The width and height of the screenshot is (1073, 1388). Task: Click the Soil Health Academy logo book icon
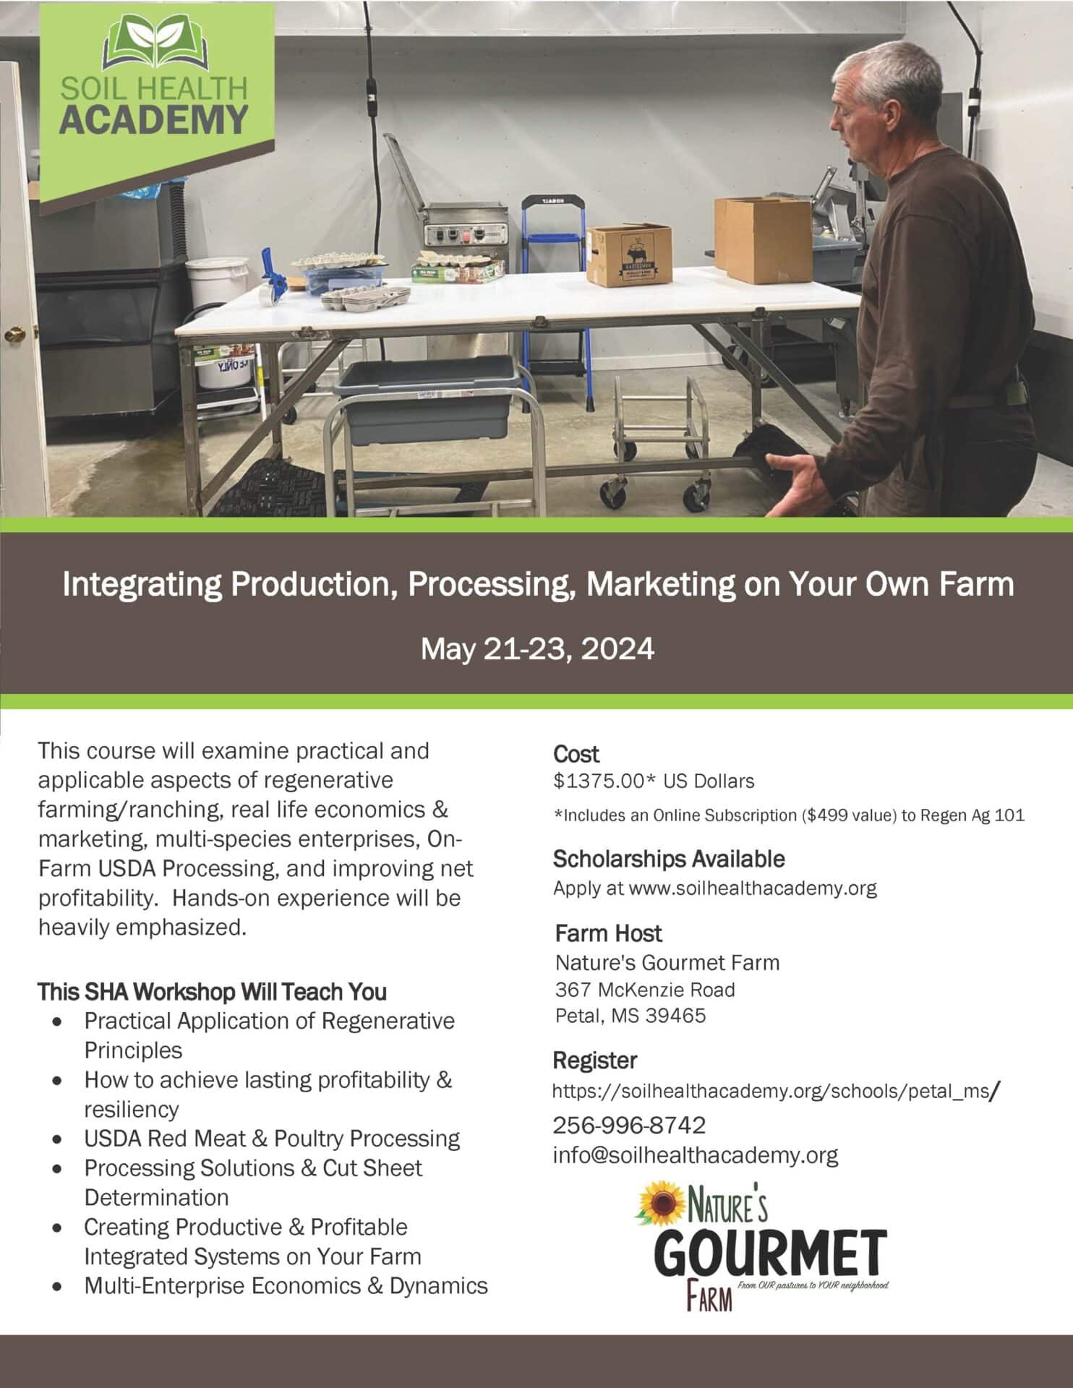pos(155,42)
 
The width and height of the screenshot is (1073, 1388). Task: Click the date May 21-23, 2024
pos(537,648)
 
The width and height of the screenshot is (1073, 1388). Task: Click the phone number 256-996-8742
pos(629,1125)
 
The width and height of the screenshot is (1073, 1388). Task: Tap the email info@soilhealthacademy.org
pos(696,1155)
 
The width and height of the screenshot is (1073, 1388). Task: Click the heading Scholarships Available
pos(669,859)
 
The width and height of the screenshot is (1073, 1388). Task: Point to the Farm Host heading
pos(608,933)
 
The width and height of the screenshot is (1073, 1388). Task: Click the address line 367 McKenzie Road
pos(645,990)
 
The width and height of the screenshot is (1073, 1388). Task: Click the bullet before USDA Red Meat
pos(58,1140)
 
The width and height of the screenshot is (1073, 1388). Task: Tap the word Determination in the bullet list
pos(156,1197)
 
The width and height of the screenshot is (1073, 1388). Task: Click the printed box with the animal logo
pos(629,254)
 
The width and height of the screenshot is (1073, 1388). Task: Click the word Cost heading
pos(576,754)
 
